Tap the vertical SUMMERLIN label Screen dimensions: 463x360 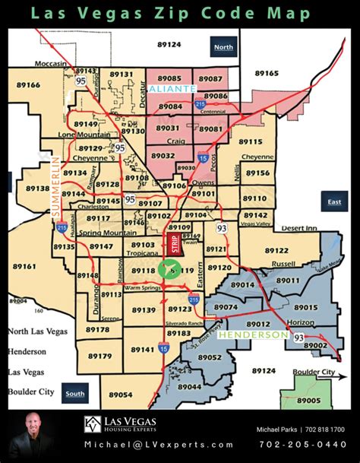(55, 186)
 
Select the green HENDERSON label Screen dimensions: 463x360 (247, 333)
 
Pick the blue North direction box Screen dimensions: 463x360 (224, 47)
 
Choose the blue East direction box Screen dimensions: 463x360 (333, 202)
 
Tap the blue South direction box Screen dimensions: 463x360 (75, 394)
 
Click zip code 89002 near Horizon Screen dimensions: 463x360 (317, 344)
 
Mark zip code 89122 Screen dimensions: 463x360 (276, 250)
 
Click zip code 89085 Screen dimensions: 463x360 (169, 78)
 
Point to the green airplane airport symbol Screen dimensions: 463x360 (169, 269)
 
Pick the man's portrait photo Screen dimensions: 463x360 (31, 430)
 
